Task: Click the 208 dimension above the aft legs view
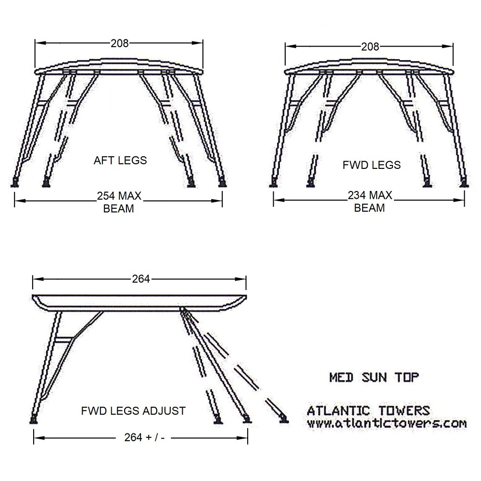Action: pyautogui.click(x=120, y=43)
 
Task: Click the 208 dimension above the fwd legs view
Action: pyautogui.click(x=370, y=47)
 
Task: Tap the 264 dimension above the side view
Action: pyautogui.click(x=141, y=279)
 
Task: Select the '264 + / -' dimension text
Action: pyautogui.click(x=144, y=437)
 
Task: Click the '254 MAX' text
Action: pyautogui.click(x=119, y=196)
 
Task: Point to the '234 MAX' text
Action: pyautogui.click(x=370, y=195)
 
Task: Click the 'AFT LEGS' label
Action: pyautogui.click(x=120, y=160)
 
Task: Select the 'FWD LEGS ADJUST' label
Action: pyautogui.click(x=133, y=411)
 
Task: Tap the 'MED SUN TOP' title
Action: pyautogui.click(x=374, y=377)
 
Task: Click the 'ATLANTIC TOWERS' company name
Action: pyautogui.click(x=368, y=410)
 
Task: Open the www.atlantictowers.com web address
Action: pyautogui.click(x=387, y=423)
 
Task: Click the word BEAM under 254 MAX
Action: pyautogui.click(x=118, y=209)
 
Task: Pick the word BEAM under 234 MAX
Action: pyautogui.click(x=369, y=208)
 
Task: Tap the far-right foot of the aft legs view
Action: pyautogui.click(x=222, y=183)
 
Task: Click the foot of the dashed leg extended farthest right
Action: pyautogui.click(x=283, y=419)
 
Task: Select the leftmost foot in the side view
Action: pyautogui.click(x=34, y=419)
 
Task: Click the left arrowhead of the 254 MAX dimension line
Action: pyautogui.click(x=20, y=201)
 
